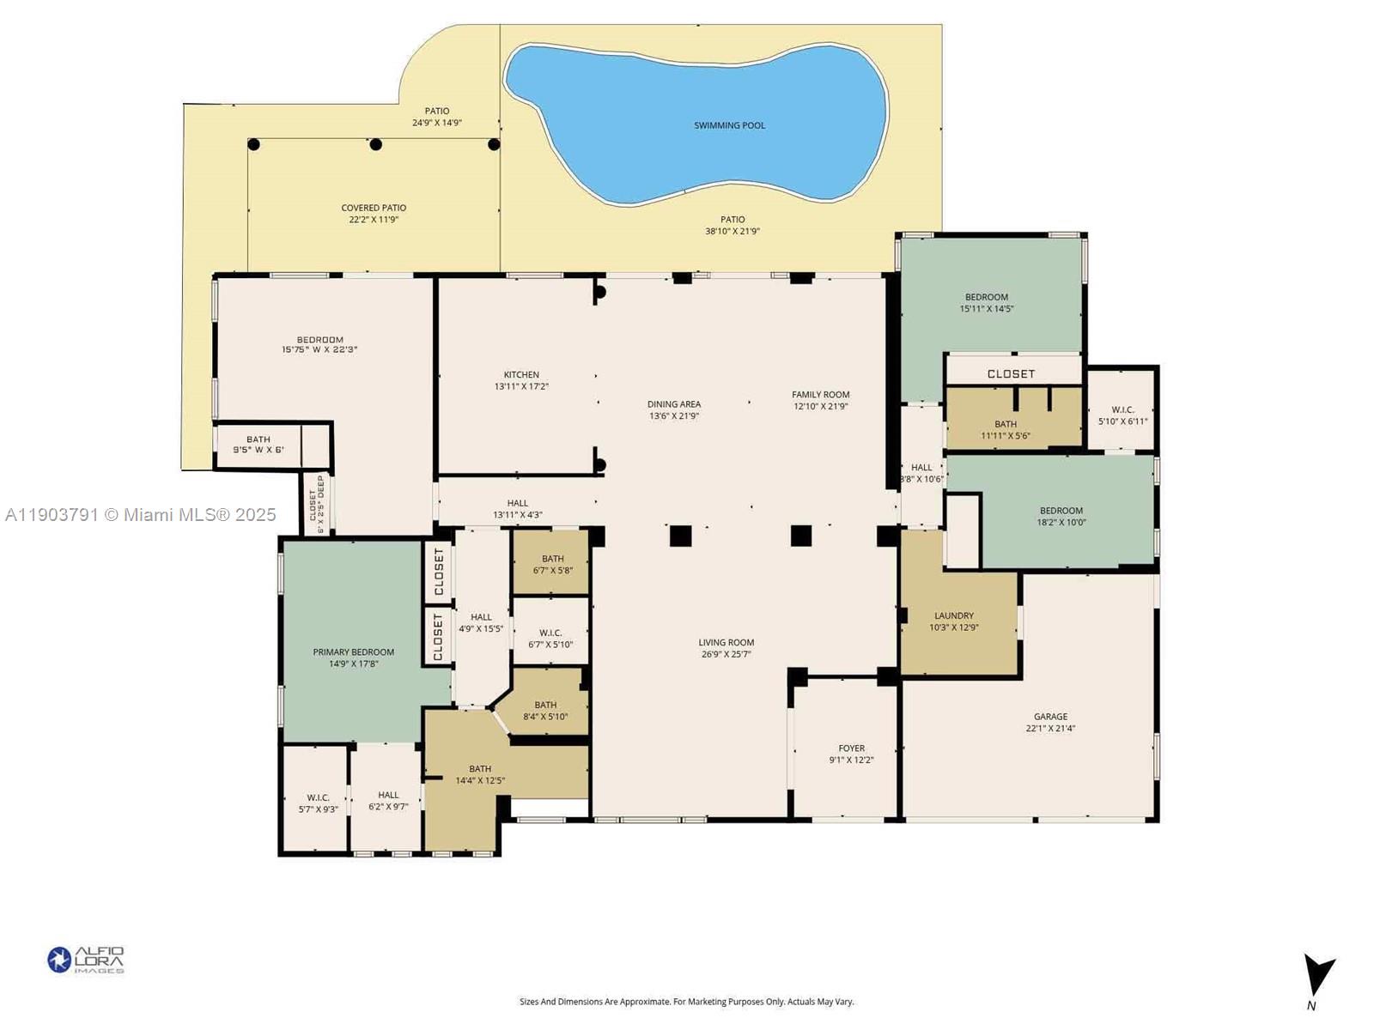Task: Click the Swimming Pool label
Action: [x=729, y=125]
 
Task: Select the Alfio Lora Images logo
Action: [x=86, y=960]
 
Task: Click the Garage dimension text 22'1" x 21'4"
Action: [x=1050, y=729]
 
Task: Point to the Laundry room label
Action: [x=953, y=615]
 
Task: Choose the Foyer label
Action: [x=851, y=748]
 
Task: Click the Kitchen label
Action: [x=521, y=374]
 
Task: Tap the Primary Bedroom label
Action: [x=353, y=652]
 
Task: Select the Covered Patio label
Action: [x=374, y=208]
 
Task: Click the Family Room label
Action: [x=820, y=395]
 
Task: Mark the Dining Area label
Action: [x=674, y=404]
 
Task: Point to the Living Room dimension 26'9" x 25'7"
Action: [x=726, y=654]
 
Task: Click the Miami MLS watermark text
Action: [x=141, y=515]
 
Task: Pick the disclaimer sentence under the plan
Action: [x=686, y=1002]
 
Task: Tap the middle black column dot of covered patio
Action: [x=375, y=144]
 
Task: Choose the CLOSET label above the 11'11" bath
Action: [x=1011, y=373]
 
